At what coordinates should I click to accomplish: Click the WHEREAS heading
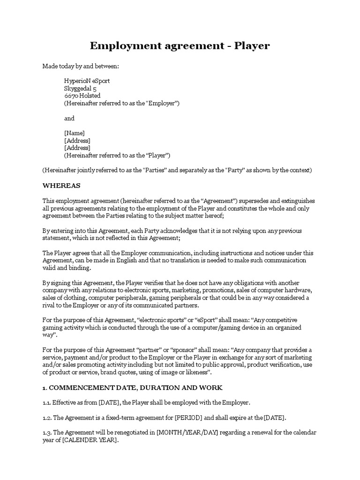61,186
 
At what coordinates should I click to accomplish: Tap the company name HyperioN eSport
87,81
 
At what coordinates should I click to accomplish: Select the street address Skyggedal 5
80,88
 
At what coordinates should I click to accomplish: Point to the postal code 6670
71,96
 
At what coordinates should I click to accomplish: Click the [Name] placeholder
74,133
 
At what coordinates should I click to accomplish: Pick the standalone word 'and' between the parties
69,118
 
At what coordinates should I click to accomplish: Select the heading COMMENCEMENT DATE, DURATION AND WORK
136,388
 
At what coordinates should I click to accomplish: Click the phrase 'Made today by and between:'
81,66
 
